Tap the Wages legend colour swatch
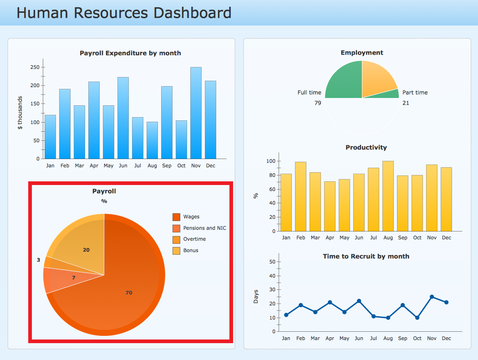176,217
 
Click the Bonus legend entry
191,251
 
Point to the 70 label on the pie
129,293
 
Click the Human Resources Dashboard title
124,13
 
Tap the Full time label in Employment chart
309,93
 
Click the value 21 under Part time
406,103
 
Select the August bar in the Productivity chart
388,196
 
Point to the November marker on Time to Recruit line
432,297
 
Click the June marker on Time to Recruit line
359,301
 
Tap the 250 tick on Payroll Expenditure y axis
35,67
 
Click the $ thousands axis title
20,113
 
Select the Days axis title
256,297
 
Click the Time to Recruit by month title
366,257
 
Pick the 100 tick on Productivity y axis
270,161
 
